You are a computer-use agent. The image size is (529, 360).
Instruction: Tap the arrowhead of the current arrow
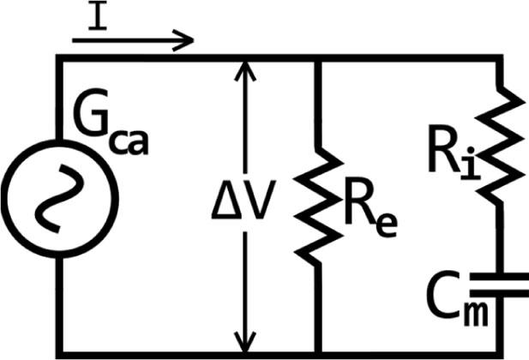coord(185,39)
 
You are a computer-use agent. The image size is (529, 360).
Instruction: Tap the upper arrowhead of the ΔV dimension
coord(246,69)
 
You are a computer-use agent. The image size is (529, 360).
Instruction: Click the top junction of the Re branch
coord(317,57)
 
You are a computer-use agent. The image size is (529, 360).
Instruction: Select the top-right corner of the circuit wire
coord(501,57)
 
